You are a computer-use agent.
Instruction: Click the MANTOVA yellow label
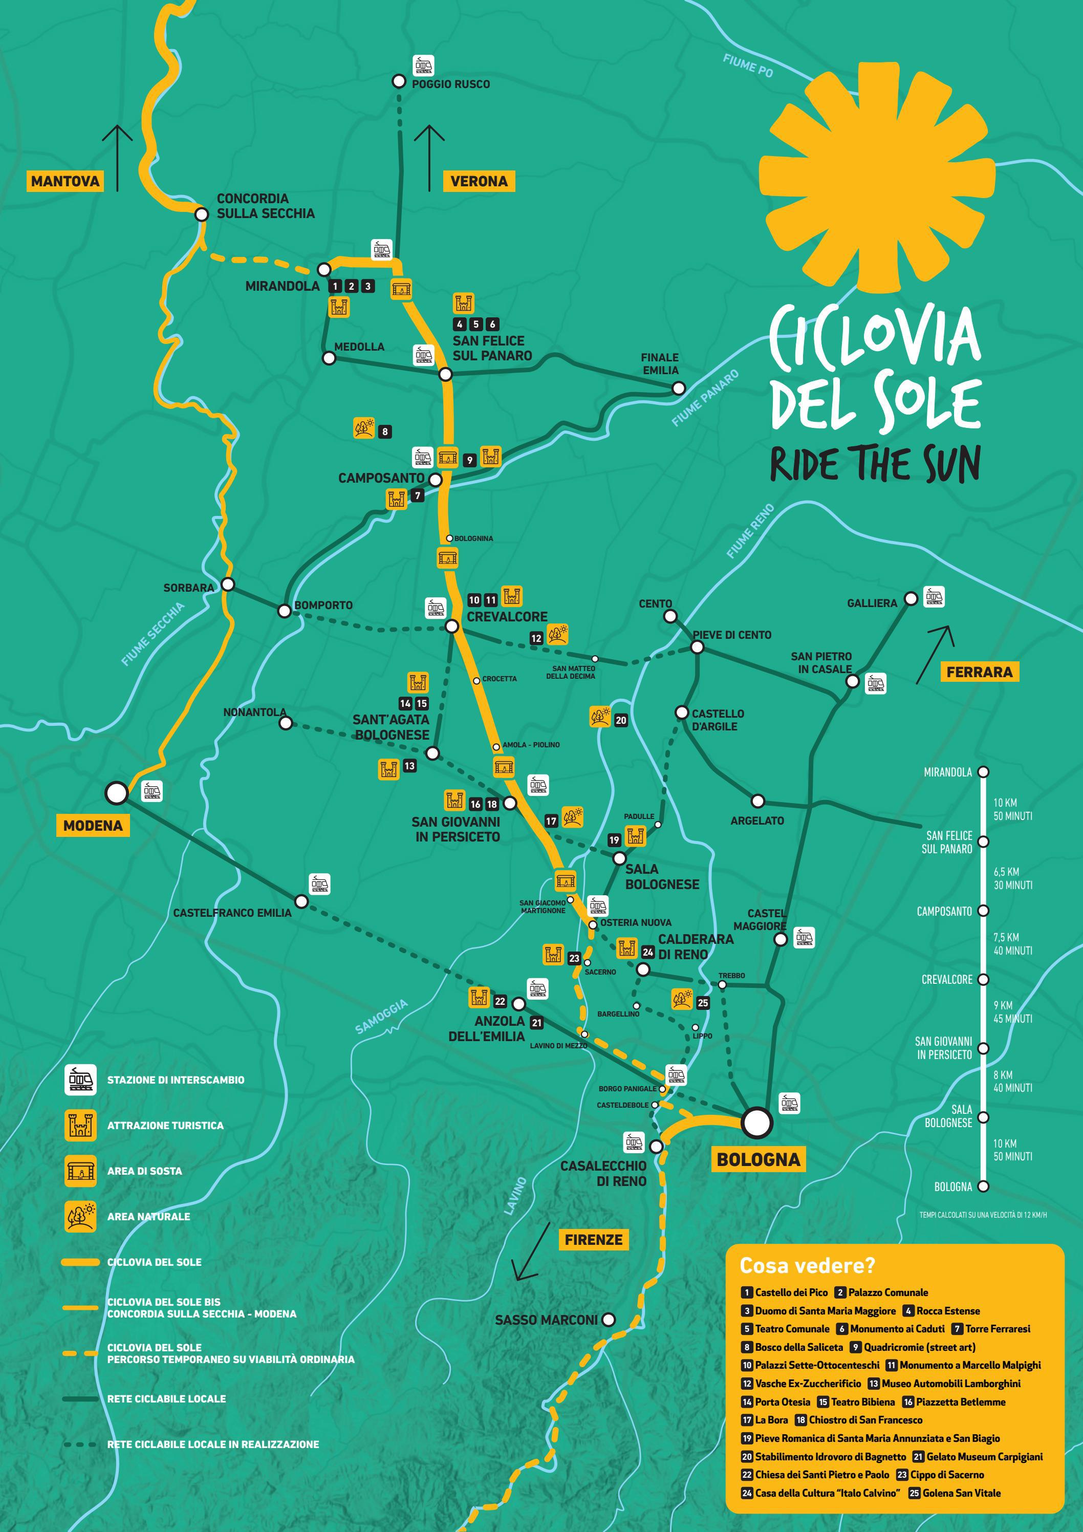pos(64,181)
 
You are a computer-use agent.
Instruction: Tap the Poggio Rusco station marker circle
pos(398,81)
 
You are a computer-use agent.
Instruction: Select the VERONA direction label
pos(479,181)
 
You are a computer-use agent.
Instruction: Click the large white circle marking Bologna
pos(757,1123)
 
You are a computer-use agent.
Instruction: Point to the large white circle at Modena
pos(117,793)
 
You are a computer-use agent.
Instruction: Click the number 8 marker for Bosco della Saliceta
pos(385,431)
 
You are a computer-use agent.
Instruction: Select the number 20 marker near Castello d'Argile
pos(620,720)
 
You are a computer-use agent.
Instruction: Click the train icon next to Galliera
pos(934,597)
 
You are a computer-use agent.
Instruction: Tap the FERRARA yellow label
pos(979,672)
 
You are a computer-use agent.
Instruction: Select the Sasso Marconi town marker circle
pos(608,1319)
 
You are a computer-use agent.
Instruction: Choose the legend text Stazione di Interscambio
pos(176,1080)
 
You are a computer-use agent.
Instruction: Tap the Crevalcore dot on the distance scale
pos(983,980)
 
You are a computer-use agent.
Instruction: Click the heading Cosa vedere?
pos(807,1266)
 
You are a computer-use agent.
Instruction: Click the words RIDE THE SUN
pos(875,464)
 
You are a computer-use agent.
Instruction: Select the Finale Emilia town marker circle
pos(678,387)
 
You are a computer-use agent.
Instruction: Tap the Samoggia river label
pos(381,1017)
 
